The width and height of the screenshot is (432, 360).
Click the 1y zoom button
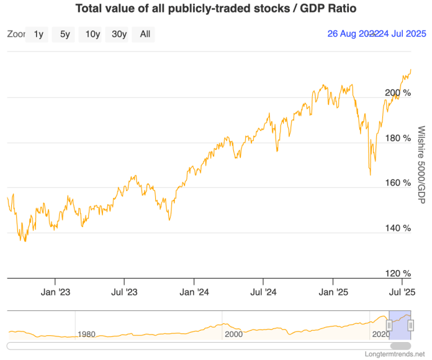point(38,35)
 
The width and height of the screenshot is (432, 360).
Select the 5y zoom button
point(65,35)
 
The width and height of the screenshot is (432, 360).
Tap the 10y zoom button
point(92,35)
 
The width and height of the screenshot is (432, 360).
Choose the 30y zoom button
point(119,35)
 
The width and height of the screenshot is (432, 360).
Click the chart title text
point(216,9)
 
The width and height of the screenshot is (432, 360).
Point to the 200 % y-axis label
point(398,92)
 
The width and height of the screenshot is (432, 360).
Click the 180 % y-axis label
point(398,138)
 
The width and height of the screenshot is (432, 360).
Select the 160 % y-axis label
point(398,183)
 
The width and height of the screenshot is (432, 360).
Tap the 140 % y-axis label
point(398,228)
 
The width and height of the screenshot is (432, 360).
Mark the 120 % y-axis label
point(398,273)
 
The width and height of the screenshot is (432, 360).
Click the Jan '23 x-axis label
point(55,291)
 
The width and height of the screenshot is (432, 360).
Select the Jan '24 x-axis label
point(196,291)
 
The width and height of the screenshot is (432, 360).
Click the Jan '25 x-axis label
point(336,291)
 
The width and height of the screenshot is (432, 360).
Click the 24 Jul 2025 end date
point(403,35)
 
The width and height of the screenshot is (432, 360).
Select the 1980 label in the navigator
point(87,334)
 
